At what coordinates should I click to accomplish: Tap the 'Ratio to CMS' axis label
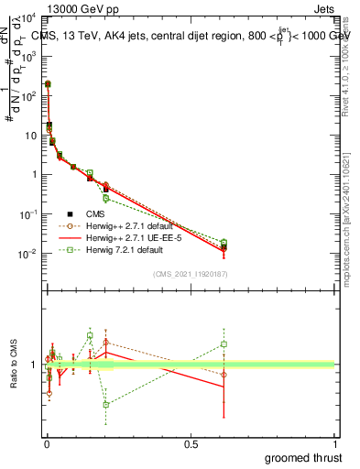click(14, 365)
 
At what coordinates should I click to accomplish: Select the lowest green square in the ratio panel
click(106, 404)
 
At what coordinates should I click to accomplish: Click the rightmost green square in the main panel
click(224, 243)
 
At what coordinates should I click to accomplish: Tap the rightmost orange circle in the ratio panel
click(224, 374)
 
